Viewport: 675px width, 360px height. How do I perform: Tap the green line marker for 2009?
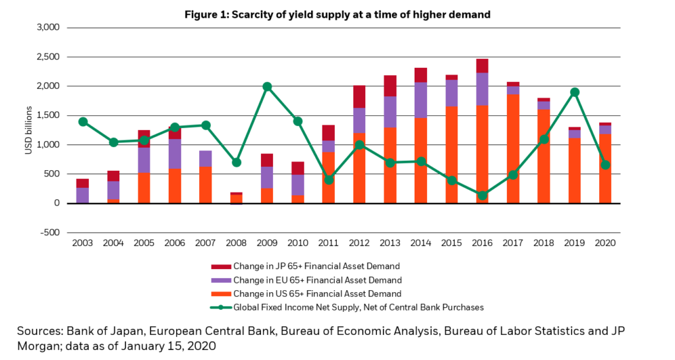(x=267, y=86)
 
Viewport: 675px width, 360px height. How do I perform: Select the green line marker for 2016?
(x=483, y=195)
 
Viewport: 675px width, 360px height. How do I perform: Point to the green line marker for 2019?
(x=575, y=92)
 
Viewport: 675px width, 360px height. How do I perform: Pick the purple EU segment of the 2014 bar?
(x=421, y=100)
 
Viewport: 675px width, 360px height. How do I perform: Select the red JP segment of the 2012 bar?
(x=359, y=96)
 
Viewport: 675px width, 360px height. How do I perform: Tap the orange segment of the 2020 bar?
(x=606, y=171)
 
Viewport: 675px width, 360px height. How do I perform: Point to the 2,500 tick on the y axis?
(x=46, y=57)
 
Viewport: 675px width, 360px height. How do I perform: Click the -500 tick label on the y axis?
(x=47, y=233)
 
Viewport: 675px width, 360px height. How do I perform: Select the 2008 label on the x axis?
(x=236, y=243)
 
